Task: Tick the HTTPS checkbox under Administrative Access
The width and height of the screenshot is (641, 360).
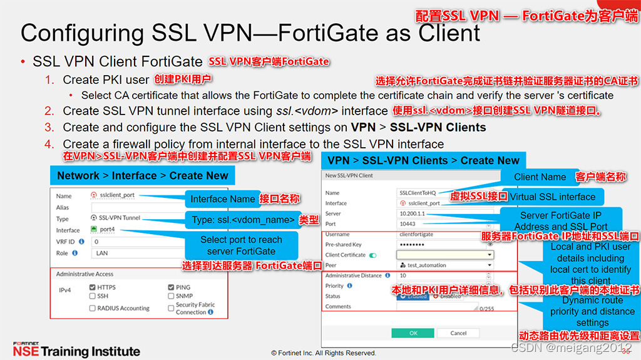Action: pyautogui.click(x=93, y=287)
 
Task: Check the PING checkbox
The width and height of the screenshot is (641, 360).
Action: pyautogui.click(x=171, y=287)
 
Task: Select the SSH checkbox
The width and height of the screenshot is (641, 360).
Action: pyautogui.click(x=93, y=296)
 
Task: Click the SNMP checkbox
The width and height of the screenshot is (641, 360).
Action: pyautogui.click(x=171, y=296)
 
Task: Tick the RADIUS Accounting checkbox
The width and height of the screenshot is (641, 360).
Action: pyautogui.click(x=93, y=308)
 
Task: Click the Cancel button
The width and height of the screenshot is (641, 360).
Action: pyautogui.click(x=458, y=333)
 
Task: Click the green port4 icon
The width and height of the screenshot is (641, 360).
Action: pyautogui.click(x=94, y=230)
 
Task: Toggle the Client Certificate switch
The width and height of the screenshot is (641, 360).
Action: pyautogui.click(x=373, y=255)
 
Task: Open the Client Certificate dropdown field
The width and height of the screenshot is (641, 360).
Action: pyautogui.click(x=445, y=255)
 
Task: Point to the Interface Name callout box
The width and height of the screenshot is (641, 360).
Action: pyautogui.click(x=222, y=199)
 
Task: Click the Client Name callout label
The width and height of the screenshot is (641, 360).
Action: pyautogui.click(x=540, y=177)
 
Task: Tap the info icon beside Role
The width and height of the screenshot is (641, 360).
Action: pyautogui.click(x=75, y=253)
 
